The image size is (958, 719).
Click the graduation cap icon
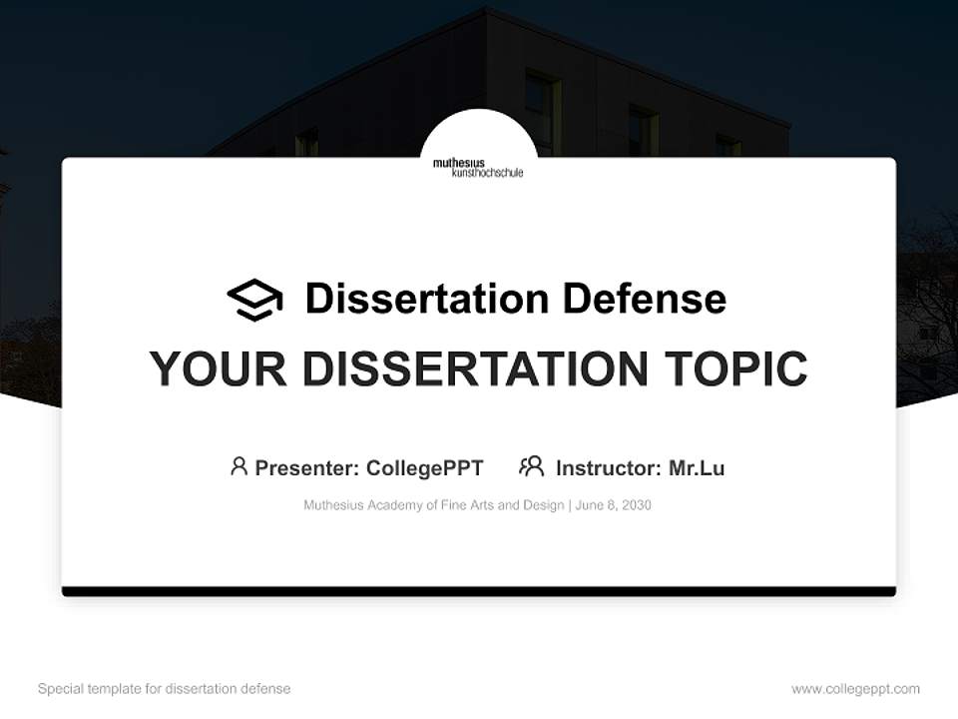254,300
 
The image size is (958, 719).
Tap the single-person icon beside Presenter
239,466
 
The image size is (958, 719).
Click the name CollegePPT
425,468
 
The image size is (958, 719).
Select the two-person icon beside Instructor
531,466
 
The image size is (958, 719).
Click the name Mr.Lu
697,468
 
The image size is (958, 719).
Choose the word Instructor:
608,468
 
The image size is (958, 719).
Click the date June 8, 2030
614,505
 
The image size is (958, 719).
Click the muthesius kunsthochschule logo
478,167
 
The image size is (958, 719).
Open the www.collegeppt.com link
855,689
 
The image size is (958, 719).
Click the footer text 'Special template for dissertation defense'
164,689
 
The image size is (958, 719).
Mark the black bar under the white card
479,591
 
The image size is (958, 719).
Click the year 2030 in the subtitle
635,505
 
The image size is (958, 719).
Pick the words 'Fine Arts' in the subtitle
467,505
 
